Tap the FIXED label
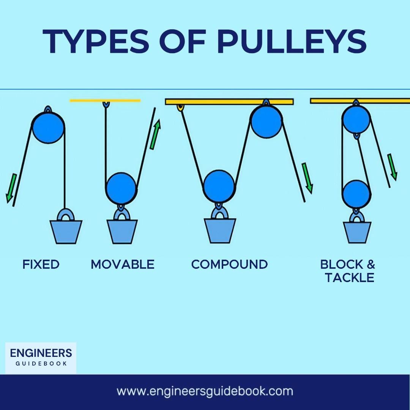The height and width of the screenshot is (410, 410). [x=41, y=264]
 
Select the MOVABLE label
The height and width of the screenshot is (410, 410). [x=123, y=264]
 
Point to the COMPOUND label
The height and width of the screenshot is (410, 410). [x=229, y=264]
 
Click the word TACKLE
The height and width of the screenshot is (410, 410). [x=350, y=278]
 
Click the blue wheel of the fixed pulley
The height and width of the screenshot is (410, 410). [x=48, y=128]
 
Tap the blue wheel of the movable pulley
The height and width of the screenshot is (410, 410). [x=121, y=188]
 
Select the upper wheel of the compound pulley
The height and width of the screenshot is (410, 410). [x=266, y=121]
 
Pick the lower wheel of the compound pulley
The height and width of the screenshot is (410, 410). [x=219, y=186]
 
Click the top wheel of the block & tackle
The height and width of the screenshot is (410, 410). [x=356, y=119]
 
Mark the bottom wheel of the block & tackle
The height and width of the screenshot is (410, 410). [x=356, y=194]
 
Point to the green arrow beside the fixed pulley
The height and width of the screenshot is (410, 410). [x=11, y=188]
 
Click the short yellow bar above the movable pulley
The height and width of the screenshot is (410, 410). [x=105, y=101]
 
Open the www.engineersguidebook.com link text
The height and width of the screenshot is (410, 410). [x=205, y=391]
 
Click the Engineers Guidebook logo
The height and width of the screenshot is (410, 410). [x=41, y=357]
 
